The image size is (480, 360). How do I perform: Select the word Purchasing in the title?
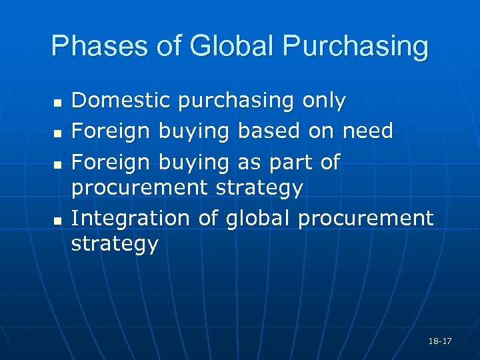[356, 47]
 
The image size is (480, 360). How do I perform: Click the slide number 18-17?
[441, 341]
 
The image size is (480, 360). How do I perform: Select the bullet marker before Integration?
[57, 220]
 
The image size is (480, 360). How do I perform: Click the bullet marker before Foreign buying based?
[57, 134]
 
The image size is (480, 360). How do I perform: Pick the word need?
[367, 131]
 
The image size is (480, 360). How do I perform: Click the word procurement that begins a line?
[139, 189]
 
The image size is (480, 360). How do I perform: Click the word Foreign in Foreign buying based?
[111, 131]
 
